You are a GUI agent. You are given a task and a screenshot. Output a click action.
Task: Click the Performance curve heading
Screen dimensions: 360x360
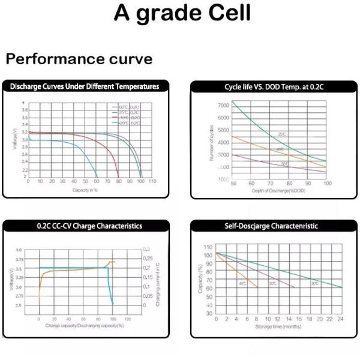79,59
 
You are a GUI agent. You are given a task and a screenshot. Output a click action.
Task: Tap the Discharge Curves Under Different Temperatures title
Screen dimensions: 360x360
85,86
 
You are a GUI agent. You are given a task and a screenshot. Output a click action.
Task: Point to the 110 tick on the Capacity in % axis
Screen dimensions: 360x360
152,181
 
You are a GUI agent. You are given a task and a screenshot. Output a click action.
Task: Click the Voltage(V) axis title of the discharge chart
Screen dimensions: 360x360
16,138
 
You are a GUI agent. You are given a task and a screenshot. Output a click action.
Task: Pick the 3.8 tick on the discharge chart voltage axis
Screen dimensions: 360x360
24,110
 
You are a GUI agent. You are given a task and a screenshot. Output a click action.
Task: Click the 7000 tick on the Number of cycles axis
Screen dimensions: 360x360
223,106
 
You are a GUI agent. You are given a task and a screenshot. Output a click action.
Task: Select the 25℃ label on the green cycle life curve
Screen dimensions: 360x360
281,134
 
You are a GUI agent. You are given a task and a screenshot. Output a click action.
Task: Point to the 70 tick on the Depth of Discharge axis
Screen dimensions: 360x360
271,183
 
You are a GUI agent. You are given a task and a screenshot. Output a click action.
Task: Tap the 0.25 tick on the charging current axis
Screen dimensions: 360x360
147,258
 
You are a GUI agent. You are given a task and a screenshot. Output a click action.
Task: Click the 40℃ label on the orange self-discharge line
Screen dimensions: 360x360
243,283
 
